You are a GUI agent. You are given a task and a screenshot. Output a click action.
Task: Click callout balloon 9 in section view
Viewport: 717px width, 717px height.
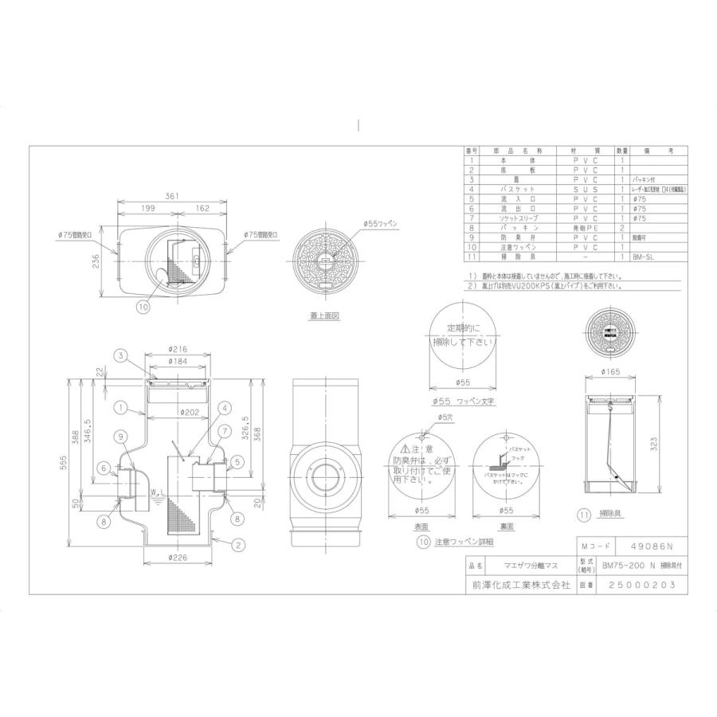119,436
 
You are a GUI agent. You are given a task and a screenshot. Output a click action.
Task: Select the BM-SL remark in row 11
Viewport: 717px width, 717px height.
641,257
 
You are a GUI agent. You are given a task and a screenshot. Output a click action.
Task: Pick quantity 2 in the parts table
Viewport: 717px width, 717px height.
621,227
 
